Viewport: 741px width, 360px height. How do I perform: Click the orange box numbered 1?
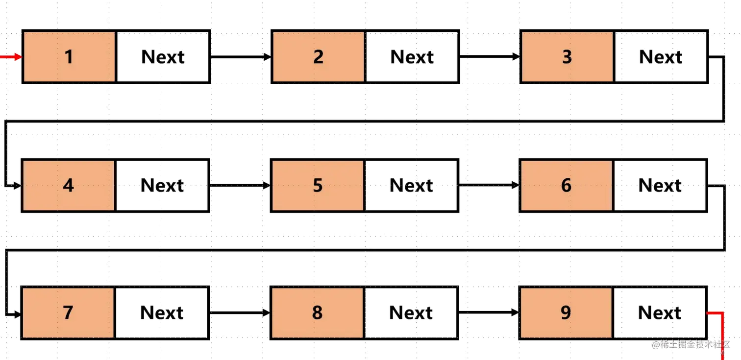tap(69, 57)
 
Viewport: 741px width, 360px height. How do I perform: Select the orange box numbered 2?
tap(318, 57)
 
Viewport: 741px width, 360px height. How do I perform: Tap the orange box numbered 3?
tap(567, 57)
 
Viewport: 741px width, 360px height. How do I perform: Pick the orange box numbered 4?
tap(69, 185)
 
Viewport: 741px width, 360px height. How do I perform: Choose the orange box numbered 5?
tap(318, 185)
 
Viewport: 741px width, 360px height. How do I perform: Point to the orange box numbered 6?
tap(566, 185)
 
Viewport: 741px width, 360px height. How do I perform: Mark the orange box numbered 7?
tap(68, 312)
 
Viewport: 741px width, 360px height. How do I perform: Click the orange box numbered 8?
tap(317, 312)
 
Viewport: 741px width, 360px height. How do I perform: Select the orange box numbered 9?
tap(566, 312)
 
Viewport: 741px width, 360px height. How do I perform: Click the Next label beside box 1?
tap(164, 58)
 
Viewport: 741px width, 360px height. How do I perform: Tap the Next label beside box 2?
tap(413, 58)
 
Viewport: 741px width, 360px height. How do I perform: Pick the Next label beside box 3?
tap(662, 58)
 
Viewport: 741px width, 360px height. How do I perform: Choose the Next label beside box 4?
tap(163, 186)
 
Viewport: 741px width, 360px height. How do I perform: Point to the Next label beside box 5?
tap(412, 186)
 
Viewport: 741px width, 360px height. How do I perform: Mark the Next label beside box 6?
tap(660, 186)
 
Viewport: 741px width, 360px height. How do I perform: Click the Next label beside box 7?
tap(163, 313)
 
